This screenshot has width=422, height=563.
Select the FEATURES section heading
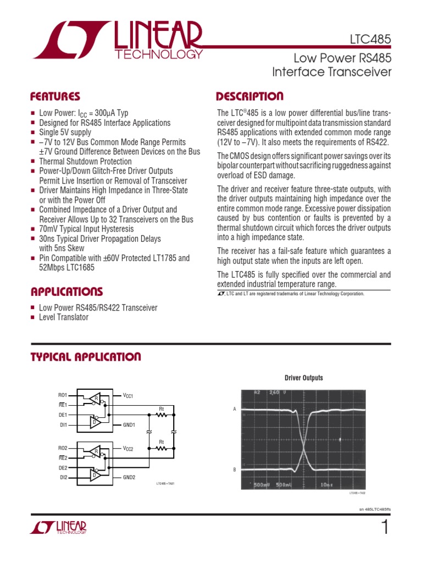click(55, 97)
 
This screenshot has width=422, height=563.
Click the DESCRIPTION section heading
click(250, 97)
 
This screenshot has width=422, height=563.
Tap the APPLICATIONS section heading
click(66, 291)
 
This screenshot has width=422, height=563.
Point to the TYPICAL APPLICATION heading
click(85, 357)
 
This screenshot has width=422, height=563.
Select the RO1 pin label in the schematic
click(62, 395)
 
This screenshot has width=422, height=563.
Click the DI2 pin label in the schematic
click(63, 477)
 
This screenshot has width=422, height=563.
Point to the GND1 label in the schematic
click(130, 425)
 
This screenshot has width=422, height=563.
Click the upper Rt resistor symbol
click(162, 415)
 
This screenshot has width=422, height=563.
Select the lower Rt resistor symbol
click(162, 449)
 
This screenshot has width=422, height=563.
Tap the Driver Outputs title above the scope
click(303, 378)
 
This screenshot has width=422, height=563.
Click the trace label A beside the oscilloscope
click(234, 410)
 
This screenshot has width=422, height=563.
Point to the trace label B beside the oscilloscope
click(234, 469)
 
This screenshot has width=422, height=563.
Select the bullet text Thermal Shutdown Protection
click(85, 162)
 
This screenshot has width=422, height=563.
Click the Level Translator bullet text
click(64, 317)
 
